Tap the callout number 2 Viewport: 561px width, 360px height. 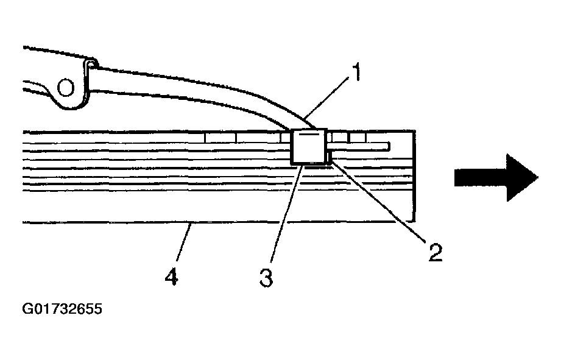tap(435, 252)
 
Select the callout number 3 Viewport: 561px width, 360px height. tap(266, 278)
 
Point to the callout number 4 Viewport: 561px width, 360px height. tap(172, 277)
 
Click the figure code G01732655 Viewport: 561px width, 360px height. tap(62, 308)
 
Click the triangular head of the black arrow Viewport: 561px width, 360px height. tap(522, 177)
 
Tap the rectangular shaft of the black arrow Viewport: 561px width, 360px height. tap(481, 177)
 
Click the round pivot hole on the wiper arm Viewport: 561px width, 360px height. tap(66, 88)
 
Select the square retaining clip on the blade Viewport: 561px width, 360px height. tap(309, 146)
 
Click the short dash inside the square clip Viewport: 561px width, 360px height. tap(308, 135)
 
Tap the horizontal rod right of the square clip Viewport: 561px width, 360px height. tap(359, 146)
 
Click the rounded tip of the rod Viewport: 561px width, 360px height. tap(389, 146)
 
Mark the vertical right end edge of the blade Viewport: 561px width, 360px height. tap(414, 176)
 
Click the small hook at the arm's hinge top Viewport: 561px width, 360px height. tap(91, 65)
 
